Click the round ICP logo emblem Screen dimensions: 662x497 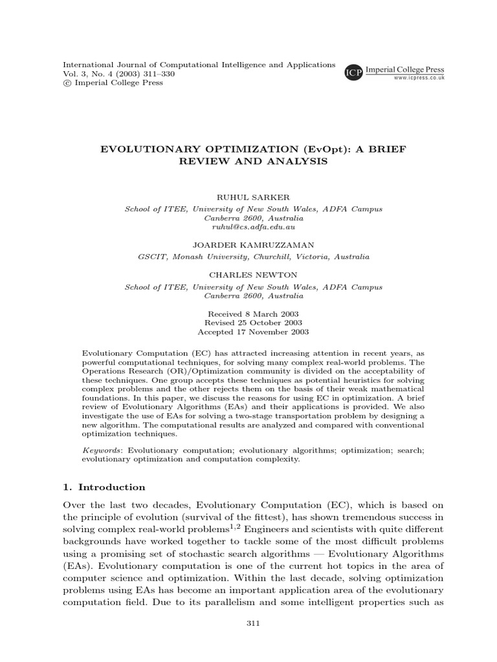click(x=353, y=73)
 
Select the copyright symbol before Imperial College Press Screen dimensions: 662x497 click(x=66, y=83)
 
